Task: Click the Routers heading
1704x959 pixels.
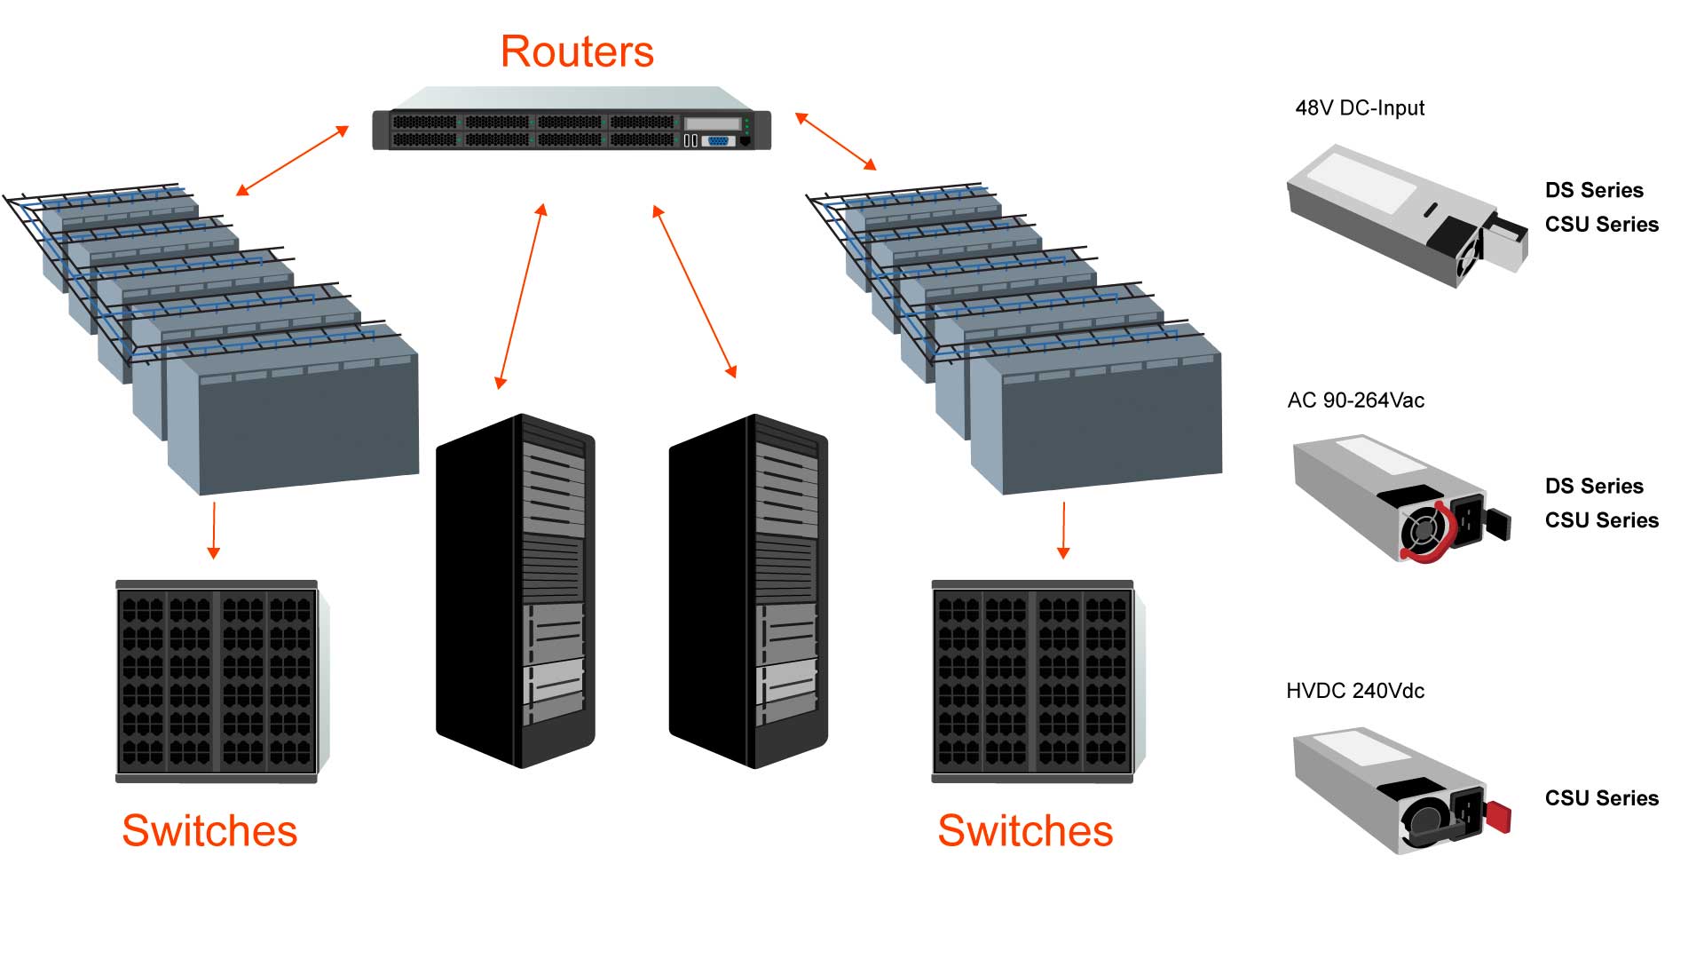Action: point(577,52)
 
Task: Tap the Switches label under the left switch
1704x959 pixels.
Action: point(209,831)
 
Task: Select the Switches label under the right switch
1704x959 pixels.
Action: point(1025,831)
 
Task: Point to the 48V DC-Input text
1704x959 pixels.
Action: point(1360,108)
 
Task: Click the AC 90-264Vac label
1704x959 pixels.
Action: point(1355,400)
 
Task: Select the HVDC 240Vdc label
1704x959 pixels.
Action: point(1354,691)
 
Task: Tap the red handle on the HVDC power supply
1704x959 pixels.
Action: point(1497,816)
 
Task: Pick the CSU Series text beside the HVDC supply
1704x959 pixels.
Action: point(1601,798)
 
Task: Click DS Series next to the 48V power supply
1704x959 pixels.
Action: point(1594,190)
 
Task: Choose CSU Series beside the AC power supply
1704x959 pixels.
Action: point(1601,520)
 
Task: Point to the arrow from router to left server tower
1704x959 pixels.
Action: point(521,297)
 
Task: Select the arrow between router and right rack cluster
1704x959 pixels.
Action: point(835,141)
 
